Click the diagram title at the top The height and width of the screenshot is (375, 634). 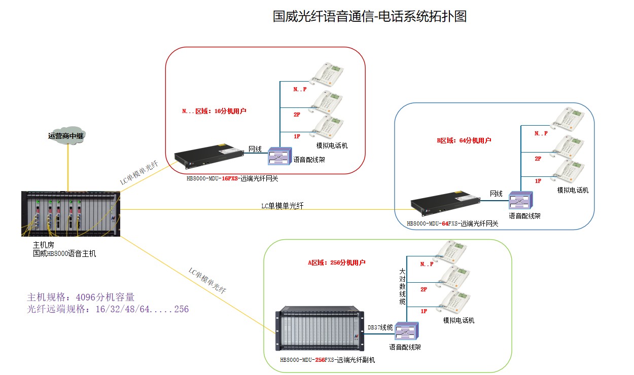(369, 16)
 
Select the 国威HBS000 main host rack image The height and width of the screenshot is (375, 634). (71, 214)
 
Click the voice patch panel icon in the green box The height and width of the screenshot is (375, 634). (406, 332)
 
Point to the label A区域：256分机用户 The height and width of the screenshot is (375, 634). (336, 262)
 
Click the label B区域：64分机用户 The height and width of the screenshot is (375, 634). (464, 140)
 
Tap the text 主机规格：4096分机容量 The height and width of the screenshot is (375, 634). (81, 297)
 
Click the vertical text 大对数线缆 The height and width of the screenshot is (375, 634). (402, 287)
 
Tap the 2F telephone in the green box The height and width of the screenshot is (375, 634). (455, 277)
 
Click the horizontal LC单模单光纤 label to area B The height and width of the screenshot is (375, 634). (283, 206)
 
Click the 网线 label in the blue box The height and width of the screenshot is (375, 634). (496, 194)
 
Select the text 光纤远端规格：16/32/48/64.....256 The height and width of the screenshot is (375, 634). (108, 309)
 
